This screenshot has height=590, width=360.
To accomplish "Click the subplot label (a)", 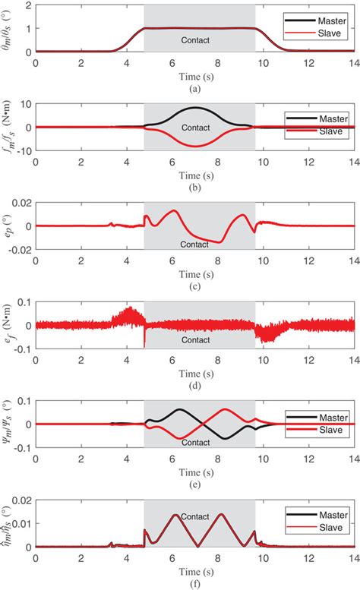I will (195, 86).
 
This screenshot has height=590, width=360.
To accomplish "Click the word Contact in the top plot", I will (199, 39).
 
